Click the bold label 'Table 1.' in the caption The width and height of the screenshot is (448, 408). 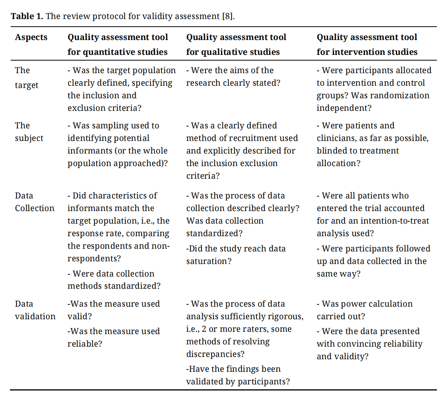27,16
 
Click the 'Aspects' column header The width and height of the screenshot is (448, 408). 31,37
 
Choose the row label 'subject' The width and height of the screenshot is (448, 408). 29,138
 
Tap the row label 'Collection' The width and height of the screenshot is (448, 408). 35,208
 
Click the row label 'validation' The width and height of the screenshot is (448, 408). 35,317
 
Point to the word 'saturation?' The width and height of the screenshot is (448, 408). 209,261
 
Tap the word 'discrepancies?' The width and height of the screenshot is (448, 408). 215,354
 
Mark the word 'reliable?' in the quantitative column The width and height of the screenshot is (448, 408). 85,344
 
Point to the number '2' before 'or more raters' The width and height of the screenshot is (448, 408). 205,329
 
